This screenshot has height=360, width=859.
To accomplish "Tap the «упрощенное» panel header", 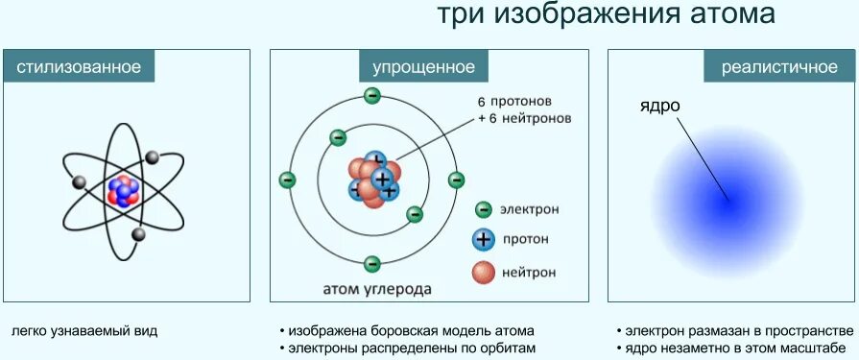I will (x=423, y=67).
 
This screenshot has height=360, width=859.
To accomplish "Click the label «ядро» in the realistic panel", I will (x=659, y=105).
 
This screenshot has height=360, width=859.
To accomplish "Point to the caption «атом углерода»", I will (x=376, y=288).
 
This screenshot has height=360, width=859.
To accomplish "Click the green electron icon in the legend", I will (x=484, y=209).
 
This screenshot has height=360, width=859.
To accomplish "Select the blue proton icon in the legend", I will (x=484, y=239).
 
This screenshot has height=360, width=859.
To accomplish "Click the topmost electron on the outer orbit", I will (x=371, y=95).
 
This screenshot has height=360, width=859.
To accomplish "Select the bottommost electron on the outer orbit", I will (x=371, y=263).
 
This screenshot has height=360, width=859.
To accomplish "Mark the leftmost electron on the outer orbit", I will (x=287, y=180).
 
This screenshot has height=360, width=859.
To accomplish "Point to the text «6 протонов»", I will (x=515, y=101).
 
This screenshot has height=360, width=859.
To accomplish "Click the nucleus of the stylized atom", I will (x=123, y=188).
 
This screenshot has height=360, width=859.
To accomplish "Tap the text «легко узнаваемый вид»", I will (x=84, y=331).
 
